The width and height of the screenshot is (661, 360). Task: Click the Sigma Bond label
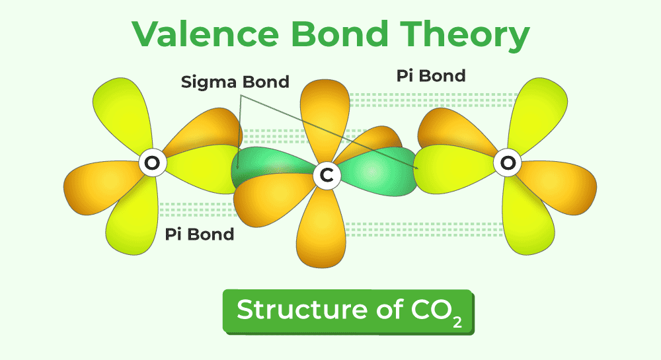[235, 82]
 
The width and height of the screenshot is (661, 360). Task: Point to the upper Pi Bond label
[431, 75]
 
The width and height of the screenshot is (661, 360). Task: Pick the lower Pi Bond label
[199, 234]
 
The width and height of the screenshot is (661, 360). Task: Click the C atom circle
[325, 174]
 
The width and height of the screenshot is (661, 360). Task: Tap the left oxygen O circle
[151, 163]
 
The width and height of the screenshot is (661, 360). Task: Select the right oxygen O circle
[506, 163]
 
